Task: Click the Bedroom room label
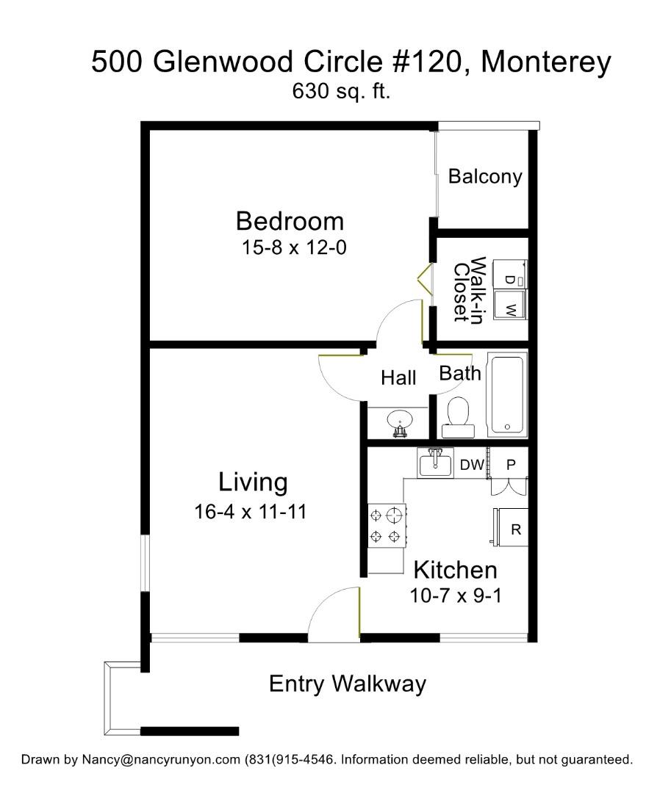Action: click(x=290, y=221)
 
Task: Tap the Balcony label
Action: click(x=485, y=176)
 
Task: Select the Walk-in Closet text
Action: click(x=470, y=289)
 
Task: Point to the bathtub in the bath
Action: click(x=507, y=395)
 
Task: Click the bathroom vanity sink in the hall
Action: click(x=400, y=421)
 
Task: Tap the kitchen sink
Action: click(x=435, y=463)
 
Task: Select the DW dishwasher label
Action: click(x=472, y=464)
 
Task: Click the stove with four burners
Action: click(x=387, y=526)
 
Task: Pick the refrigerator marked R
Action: click(x=510, y=527)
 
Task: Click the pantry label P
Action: click(x=512, y=464)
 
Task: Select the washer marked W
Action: click(x=509, y=305)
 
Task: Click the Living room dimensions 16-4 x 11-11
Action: click(x=251, y=511)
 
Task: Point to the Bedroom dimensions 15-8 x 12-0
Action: click(x=294, y=247)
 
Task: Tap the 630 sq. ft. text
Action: click(x=341, y=92)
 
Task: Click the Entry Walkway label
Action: click(x=348, y=684)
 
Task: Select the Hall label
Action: click(x=399, y=378)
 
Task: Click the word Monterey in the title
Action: click(x=546, y=62)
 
